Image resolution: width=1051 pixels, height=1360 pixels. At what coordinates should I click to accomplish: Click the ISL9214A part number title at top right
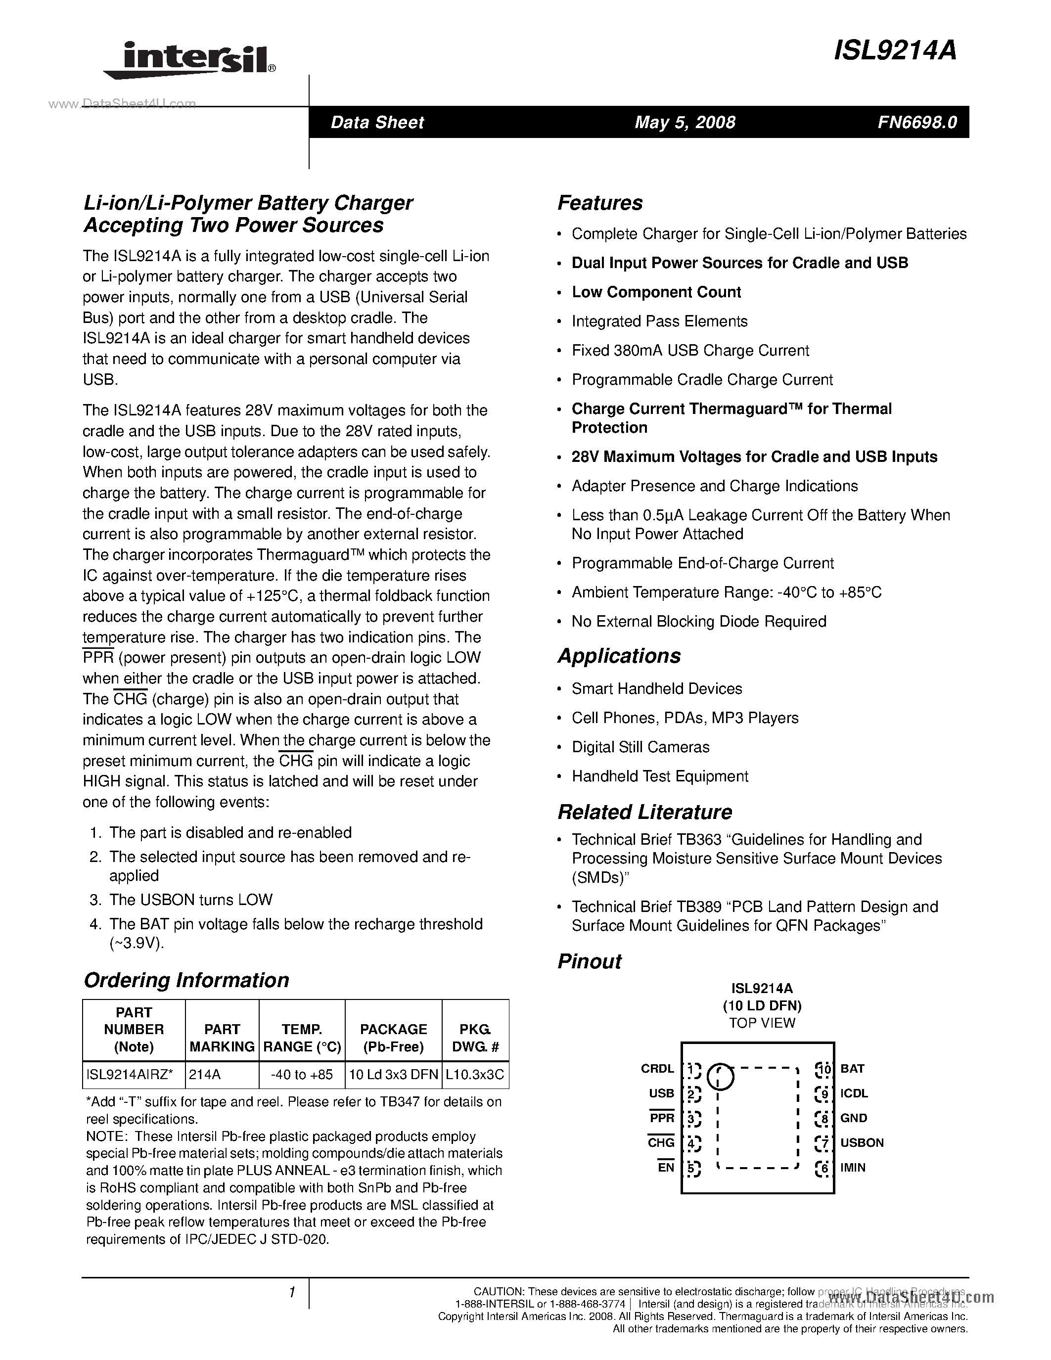[x=895, y=51]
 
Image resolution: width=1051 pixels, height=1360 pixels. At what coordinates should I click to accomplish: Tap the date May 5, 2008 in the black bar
[x=685, y=122]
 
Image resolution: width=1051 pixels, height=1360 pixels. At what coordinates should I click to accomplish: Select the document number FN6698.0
[x=917, y=122]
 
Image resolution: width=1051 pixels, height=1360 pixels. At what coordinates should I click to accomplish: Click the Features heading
[x=599, y=203]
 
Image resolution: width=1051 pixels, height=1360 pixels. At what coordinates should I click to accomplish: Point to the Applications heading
[x=618, y=656]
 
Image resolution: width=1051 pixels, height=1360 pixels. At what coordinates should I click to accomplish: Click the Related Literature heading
[x=644, y=812]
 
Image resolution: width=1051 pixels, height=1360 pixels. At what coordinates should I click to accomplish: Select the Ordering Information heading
[x=186, y=980]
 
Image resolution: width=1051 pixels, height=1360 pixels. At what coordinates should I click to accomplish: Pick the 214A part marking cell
[x=205, y=1075]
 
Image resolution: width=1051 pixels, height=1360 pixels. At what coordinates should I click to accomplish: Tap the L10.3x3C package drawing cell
[x=475, y=1075]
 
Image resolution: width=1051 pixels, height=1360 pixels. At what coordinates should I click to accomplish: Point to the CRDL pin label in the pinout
[x=657, y=1069]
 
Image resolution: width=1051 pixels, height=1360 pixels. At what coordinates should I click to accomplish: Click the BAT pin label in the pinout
[x=852, y=1069]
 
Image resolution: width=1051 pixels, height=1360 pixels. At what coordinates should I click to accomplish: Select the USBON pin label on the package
[x=862, y=1143]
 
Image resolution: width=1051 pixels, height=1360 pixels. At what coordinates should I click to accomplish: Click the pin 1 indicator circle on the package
[x=721, y=1076]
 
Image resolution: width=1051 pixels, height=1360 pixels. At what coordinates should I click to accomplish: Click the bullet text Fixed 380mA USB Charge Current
[x=690, y=351]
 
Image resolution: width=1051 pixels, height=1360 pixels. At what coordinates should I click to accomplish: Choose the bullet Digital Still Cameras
[x=640, y=747]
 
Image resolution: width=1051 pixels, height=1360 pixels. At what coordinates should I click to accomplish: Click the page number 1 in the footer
[x=291, y=1293]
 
